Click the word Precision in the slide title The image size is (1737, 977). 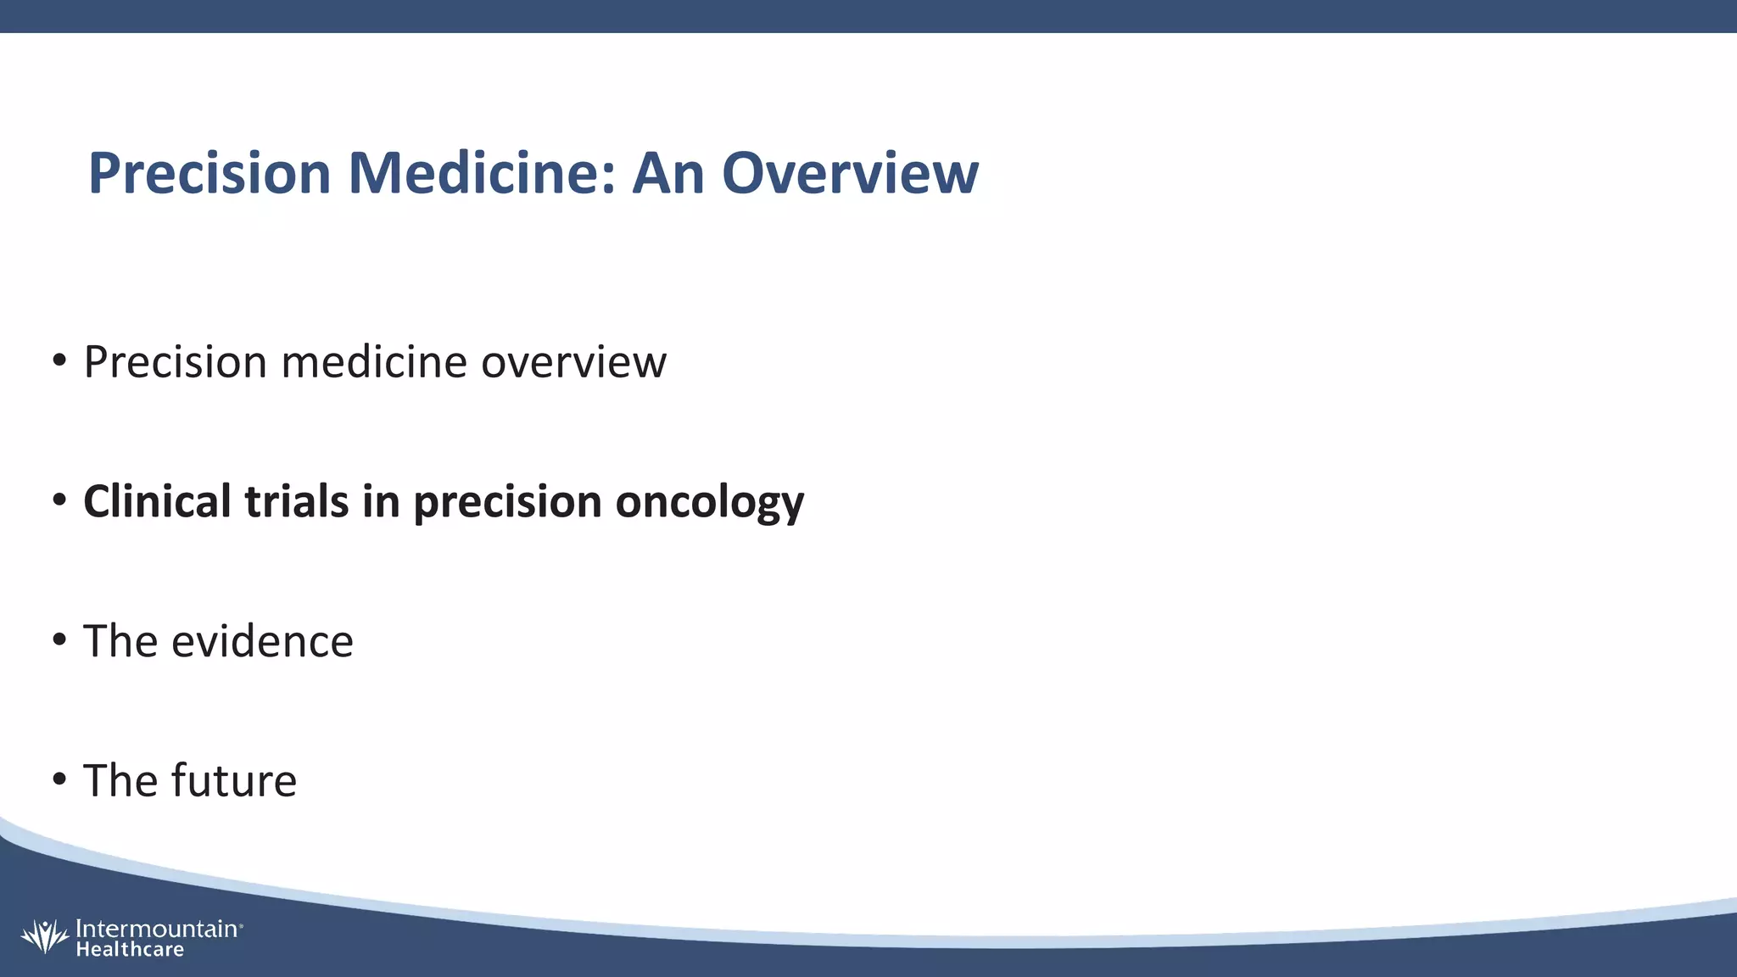click(x=209, y=173)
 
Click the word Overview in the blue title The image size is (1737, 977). click(x=850, y=173)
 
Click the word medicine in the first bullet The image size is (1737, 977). click(x=374, y=362)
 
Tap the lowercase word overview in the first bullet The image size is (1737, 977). click(x=573, y=362)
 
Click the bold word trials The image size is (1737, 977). click(x=296, y=500)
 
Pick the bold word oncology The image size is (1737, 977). click(x=709, y=502)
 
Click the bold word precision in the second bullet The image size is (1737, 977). click(x=507, y=502)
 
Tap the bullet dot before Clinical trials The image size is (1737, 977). click(x=59, y=500)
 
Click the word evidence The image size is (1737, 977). click(x=262, y=641)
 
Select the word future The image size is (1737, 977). click(x=234, y=780)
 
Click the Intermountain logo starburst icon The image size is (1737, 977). click(x=44, y=936)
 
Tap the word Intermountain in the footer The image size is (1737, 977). click(x=157, y=929)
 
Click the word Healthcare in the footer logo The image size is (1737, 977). click(x=130, y=950)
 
